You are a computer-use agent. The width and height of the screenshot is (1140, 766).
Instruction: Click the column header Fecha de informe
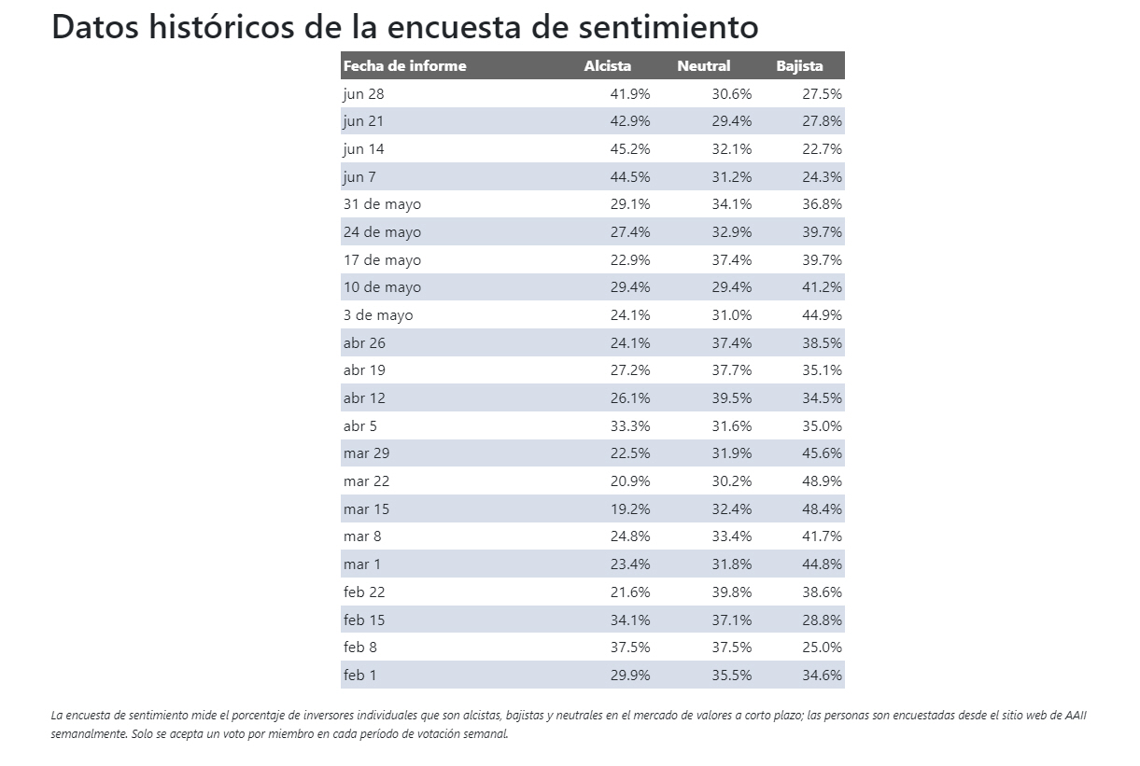coord(404,66)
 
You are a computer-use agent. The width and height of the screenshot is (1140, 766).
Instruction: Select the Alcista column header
coord(607,66)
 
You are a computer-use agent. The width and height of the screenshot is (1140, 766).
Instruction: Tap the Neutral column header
coord(703,66)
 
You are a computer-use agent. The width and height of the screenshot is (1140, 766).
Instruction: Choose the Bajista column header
coord(799,66)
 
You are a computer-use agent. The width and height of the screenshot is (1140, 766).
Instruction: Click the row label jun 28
coord(363,93)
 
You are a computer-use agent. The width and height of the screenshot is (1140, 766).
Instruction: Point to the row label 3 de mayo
coord(377,315)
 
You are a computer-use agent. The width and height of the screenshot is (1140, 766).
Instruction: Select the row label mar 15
coord(366,509)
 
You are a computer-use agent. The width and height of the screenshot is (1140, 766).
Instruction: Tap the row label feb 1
coord(359,675)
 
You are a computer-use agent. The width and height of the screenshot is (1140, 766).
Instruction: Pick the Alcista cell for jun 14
coord(630,149)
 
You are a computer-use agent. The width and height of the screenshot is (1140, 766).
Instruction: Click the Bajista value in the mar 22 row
coord(822,481)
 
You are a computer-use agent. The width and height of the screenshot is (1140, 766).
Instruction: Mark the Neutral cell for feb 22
coord(731,592)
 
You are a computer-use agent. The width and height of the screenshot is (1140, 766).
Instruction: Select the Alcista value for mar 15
coord(630,509)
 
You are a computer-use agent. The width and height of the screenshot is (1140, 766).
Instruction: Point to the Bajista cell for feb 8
coord(822,648)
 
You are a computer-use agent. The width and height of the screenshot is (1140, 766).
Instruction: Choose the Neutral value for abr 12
coord(731,398)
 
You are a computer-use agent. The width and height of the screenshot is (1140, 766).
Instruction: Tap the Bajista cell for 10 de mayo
coord(822,287)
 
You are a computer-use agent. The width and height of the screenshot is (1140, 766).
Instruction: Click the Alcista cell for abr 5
coord(630,426)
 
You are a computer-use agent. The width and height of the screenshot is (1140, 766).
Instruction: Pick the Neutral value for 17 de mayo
coord(731,260)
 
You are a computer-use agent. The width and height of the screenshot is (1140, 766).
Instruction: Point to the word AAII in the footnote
coord(1076,716)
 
